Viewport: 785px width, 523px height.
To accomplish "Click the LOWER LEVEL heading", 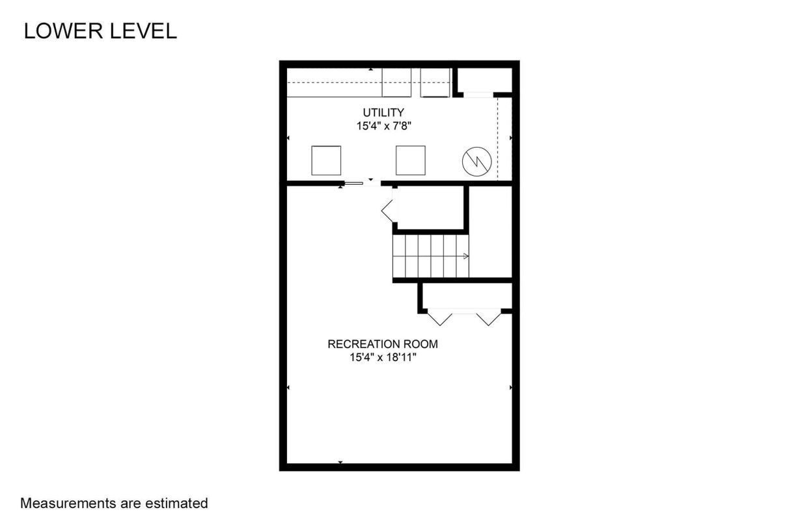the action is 100,31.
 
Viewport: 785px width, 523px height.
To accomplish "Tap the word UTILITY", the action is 383,113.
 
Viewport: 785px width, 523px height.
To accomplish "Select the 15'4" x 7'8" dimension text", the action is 384,126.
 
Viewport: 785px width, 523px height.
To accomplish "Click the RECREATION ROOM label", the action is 383,344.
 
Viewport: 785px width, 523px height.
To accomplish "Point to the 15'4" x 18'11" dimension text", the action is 383,357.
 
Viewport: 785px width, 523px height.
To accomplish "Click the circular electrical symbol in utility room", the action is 476,161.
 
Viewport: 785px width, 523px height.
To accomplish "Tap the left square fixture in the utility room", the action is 326,161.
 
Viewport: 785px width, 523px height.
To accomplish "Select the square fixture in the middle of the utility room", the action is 410,161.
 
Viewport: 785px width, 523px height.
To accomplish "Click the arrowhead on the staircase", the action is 466,256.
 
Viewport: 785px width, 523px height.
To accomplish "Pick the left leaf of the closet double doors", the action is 440,317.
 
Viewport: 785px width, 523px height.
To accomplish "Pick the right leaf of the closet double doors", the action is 489,317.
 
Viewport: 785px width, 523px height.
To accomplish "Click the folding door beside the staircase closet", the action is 387,211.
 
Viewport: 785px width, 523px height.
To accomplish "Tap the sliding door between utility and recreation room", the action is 353,183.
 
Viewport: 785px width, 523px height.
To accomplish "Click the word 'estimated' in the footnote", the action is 176,503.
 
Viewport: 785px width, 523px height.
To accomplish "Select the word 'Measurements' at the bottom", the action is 68,503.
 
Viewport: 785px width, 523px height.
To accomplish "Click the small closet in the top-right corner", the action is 485,80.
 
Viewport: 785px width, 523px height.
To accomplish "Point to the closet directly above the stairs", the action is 431,208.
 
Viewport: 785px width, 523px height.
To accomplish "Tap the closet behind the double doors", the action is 467,296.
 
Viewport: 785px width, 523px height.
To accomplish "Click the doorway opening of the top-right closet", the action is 478,95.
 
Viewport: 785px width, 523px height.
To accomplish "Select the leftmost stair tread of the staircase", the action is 399,256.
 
